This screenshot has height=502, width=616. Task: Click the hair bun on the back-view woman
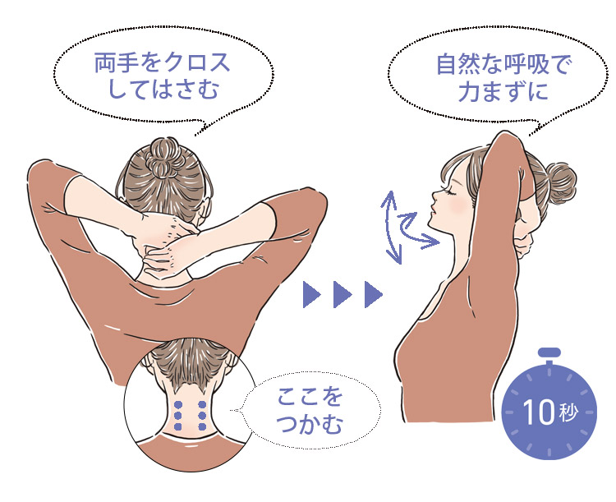pyautogui.click(x=164, y=156)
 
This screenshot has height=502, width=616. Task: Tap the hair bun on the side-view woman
pyautogui.click(x=561, y=183)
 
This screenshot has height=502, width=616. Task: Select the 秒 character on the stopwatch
pyautogui.click(x=568, y=412)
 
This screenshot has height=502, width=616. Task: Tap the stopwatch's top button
pyautogui.click(x=549, y=352)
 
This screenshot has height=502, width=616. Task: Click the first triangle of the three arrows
pyautogui.click(x=311, y=294)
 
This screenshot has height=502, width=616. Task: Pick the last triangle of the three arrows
pyautogui.click(x=374, y=294)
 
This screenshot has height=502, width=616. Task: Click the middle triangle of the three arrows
pyautogui.click(x=342, y=294)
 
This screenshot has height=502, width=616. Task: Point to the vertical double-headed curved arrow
pyautogui.click(x=388, y=228)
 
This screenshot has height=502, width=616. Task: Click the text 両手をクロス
pyautogui.click(x=163, y=63)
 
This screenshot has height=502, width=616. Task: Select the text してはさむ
pyautogui.click(x=163, y=89)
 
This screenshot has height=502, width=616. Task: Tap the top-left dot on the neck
pyautogui.click(x=178, y=404)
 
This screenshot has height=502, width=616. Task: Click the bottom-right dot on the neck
pyautogui.click(x=202, y=426)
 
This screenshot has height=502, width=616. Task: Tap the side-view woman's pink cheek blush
pyautogui.click(x=457, y=205)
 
